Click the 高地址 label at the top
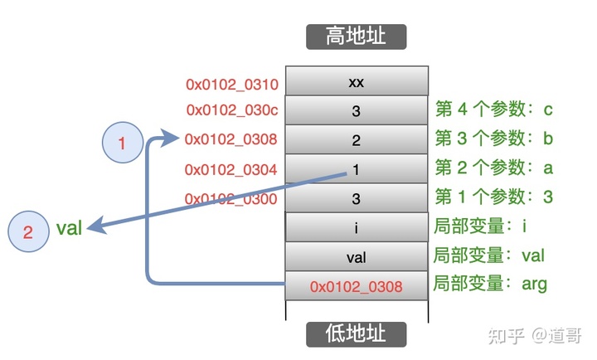(357, 36)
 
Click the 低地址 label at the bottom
(357, 333)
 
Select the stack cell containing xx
(357, 83)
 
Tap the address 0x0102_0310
(231, 84)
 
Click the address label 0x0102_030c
(231, 110)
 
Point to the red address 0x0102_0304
(231, 170)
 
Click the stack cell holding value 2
(357, 140)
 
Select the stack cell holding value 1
(357, 170)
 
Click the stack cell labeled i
(357, 227)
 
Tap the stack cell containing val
(357, 256)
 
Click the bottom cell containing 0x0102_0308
(357, 286)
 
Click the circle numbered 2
(27, 231)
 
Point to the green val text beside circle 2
(69, 228)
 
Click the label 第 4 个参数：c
(493, 109)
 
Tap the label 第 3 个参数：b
(493, 139)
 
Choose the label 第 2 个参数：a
(493, 168)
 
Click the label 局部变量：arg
(490, 285)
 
